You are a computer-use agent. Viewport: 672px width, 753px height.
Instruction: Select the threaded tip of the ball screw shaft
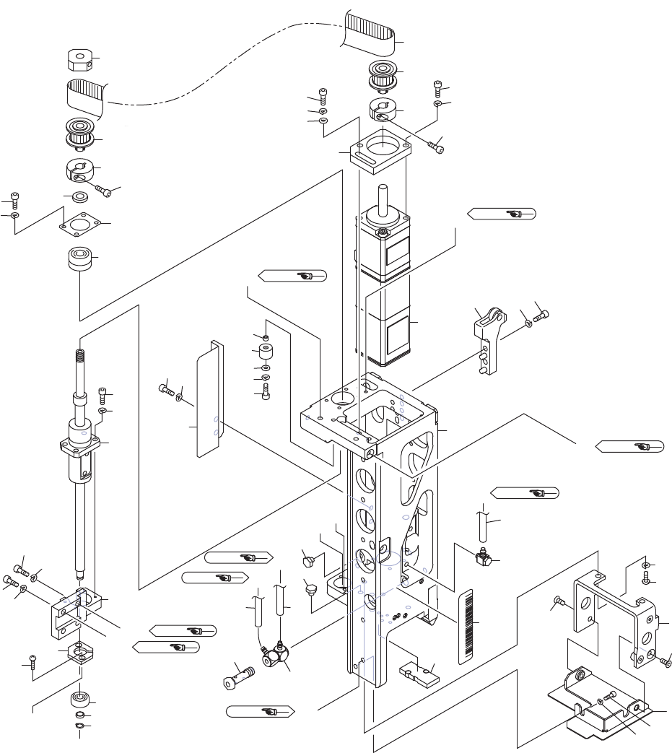point(78,357)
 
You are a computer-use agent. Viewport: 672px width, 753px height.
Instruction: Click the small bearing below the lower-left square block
point(79,700)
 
